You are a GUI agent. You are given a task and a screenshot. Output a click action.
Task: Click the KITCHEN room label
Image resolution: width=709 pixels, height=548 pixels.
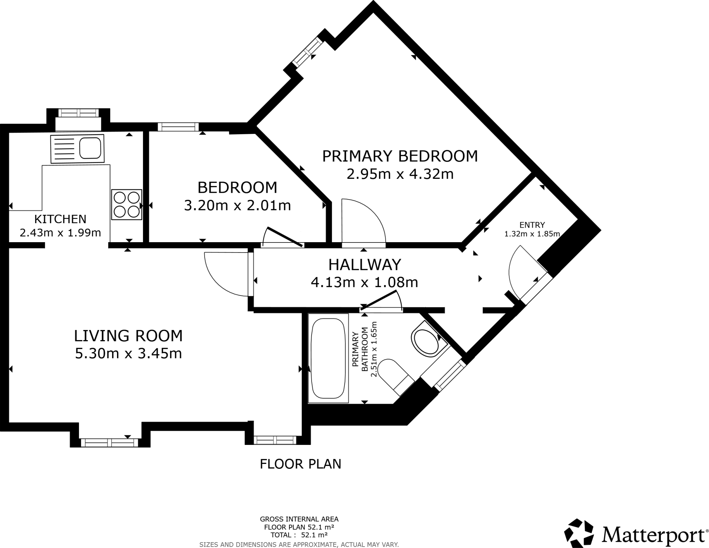[x=60, y=219]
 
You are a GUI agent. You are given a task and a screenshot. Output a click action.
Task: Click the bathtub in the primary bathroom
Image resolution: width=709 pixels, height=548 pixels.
[x=328, y=358]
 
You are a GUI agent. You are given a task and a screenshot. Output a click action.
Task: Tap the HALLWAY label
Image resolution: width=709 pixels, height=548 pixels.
[x=365, y=265]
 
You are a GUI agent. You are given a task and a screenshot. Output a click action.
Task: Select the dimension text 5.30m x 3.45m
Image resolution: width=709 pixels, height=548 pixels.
[x=128, y=354]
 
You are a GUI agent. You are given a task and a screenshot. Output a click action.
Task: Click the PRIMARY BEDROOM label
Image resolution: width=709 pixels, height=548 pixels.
[x=400, y=156]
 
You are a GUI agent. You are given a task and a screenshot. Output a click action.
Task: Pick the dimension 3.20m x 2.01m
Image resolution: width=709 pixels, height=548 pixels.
[x=237, y=205]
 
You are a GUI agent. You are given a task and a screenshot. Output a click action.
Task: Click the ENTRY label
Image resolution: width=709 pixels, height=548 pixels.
[x=532, y=225]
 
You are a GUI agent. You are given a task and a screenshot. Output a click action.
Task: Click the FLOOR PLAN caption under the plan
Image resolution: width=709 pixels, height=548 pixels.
[x=300, y=464]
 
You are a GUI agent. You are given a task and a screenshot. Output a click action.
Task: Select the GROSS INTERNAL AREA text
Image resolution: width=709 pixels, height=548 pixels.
[x=299, y=519]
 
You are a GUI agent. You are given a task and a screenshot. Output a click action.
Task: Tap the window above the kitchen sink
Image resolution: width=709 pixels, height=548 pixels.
[x=78, y=113]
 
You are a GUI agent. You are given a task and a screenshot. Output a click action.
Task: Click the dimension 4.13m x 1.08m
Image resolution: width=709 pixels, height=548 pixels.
[x=365, y=283]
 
